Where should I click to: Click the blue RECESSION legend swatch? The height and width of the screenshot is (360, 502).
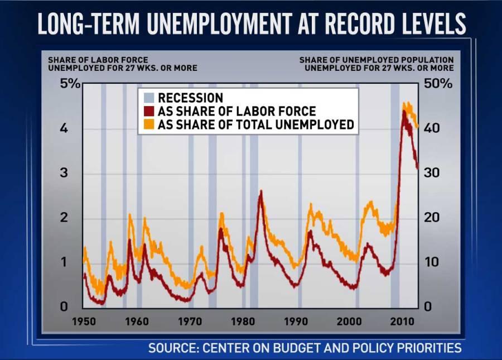pyautogui.click(x=148, y=98)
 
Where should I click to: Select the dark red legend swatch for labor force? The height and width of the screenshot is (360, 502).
pyautogui.click(x=148, y=111)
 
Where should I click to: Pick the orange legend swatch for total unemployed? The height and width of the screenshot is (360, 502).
pyautogui.click(x=148, y=124)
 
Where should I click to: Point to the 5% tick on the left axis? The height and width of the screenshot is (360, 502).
pyautogui.click(x=71, y=84)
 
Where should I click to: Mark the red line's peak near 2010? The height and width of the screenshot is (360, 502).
pyautogui.click(x=404, y=111)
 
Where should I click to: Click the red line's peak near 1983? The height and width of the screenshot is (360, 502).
pyautogui.click(x=260, y=191)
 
